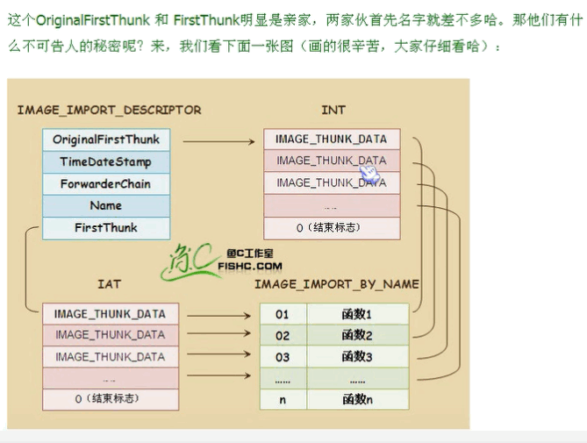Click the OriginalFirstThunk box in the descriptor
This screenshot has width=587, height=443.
pos(106,139)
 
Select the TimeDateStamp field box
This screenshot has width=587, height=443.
pos(106,161)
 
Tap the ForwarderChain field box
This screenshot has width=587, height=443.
pos(106,183)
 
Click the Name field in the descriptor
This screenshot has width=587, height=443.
pos(106,205)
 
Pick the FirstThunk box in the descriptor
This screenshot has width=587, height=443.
pos(106,227)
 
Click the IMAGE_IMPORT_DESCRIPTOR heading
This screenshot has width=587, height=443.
pos(109,110)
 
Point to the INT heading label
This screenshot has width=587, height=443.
pos(333,110)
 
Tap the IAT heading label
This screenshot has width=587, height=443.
pos(109,284)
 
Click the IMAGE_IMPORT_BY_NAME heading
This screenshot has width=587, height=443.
pos(336,284)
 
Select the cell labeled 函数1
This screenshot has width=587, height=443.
pos(357,314)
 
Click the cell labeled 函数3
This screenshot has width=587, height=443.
pos(357,357)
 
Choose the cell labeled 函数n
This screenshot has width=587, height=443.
pos(357,399)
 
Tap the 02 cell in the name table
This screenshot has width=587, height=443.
pos(283,335)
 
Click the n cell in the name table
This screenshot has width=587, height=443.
pos(283,399)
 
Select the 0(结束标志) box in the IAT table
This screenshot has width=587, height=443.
pos(110,398)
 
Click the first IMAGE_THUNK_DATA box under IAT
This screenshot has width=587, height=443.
pos(110,314)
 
